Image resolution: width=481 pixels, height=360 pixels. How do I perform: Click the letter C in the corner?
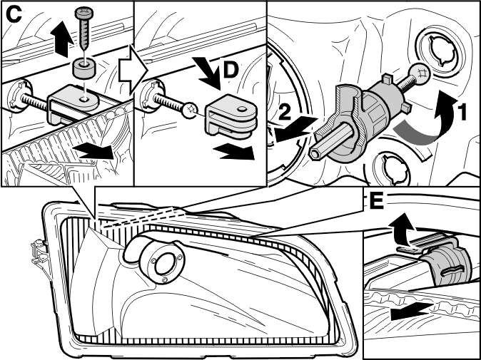(14, 15)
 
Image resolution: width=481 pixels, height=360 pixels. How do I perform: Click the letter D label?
(231, 70)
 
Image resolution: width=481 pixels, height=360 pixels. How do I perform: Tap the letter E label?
(377, 201)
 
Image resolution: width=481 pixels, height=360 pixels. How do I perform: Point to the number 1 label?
(462, 112)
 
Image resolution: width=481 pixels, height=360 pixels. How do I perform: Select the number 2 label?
(285, 113)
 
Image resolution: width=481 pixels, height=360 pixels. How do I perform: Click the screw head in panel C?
(83, 14)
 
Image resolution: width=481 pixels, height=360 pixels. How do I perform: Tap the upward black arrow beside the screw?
(62, 38)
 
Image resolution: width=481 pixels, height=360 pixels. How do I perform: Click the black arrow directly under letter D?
(210, 73)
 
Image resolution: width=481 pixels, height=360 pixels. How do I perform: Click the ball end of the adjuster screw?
(420, 73)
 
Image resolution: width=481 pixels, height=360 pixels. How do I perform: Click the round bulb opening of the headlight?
(165, 263)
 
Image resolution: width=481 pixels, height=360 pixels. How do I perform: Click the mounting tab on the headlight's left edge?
(39, 253)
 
